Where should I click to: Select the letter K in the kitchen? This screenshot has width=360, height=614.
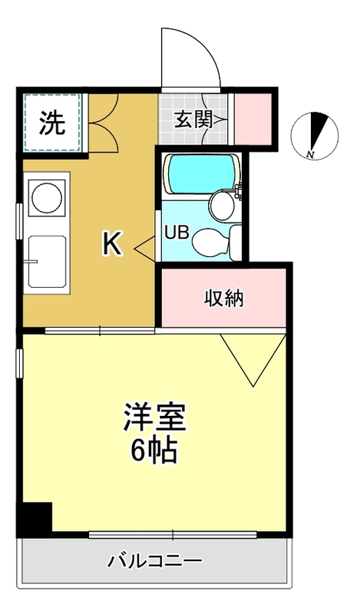112,244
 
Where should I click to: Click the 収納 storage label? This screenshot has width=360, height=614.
223,298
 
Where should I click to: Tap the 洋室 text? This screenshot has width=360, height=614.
154,418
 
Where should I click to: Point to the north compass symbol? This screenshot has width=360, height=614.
316,133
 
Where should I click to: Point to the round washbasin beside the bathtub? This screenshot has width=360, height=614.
222,203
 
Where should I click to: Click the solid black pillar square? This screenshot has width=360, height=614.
35,519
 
